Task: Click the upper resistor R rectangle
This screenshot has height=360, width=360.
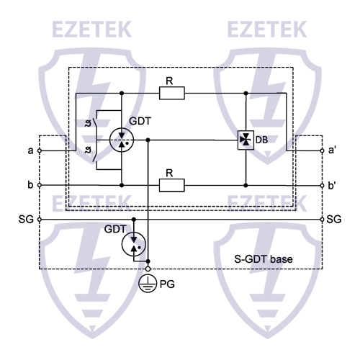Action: (173, 93)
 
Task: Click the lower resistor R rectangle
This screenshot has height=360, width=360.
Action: (173, 185)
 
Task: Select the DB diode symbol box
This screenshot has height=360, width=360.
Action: (246, 139)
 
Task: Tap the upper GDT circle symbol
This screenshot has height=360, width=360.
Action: (121, 139)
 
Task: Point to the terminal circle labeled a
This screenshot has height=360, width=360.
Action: (40, 151)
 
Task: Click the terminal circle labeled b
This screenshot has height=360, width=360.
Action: (40, 185)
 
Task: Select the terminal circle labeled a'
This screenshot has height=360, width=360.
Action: (320, 151)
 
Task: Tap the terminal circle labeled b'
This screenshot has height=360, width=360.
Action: (320, 185)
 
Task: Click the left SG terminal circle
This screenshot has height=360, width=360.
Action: (40, 217)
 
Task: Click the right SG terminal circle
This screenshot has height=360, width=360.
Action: (320, 217)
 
